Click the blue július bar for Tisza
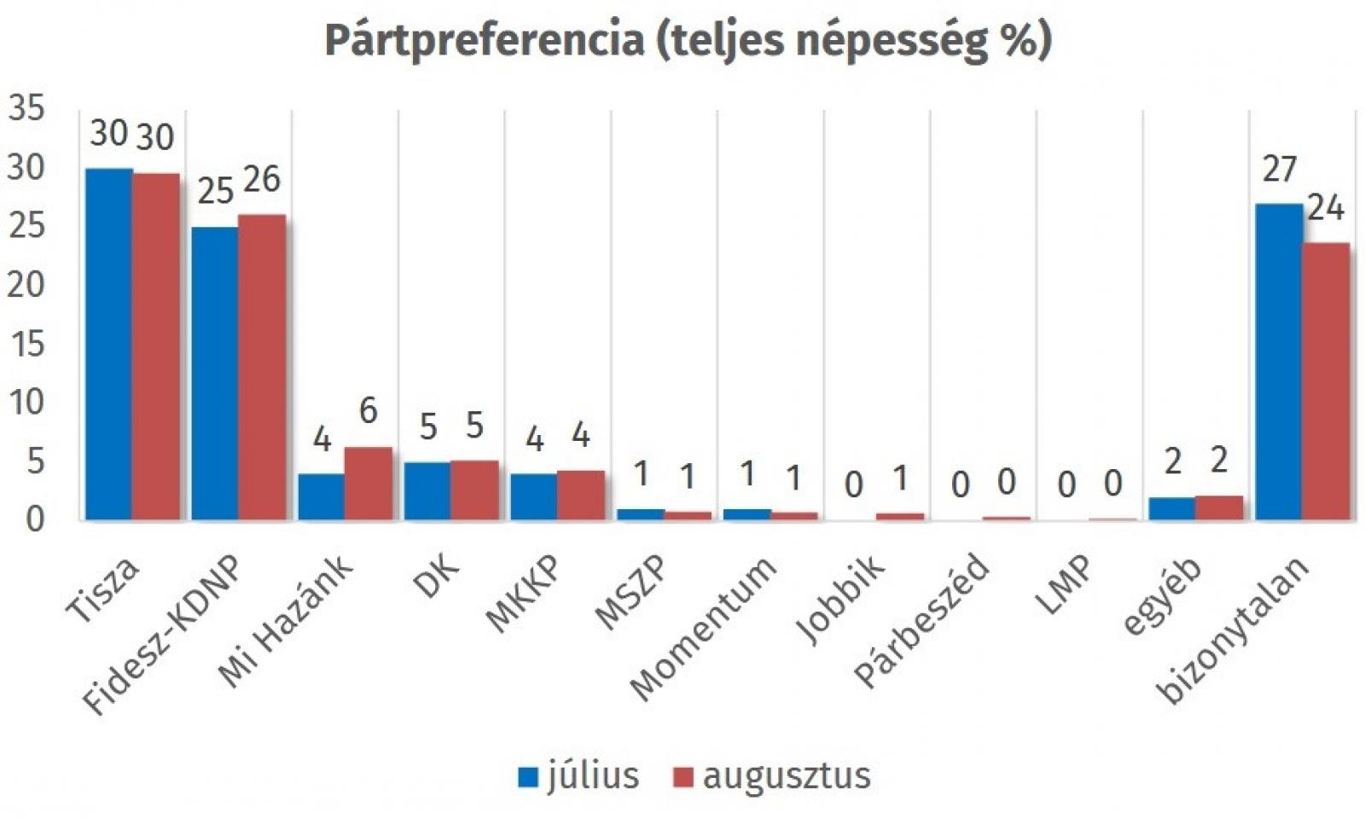click(x=108, y=345)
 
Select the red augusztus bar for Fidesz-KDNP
click(x=262, y=368)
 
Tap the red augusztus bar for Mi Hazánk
click(x=369, y=484)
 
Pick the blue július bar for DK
click(x=427, y=491)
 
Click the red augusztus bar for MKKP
click(x=581, y=495)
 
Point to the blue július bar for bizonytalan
click(x=1279, y=362)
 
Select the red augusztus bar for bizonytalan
click(x=1326, y=381)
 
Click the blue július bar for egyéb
click(x=1172, y=508)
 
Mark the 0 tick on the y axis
click(x=34, y=519)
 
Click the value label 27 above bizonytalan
click(x=1279, y=170)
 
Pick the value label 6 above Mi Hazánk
click(x=368, y=411)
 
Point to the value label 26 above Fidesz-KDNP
click(x=261, y=179)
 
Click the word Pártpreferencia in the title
click(x=484, y=40)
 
